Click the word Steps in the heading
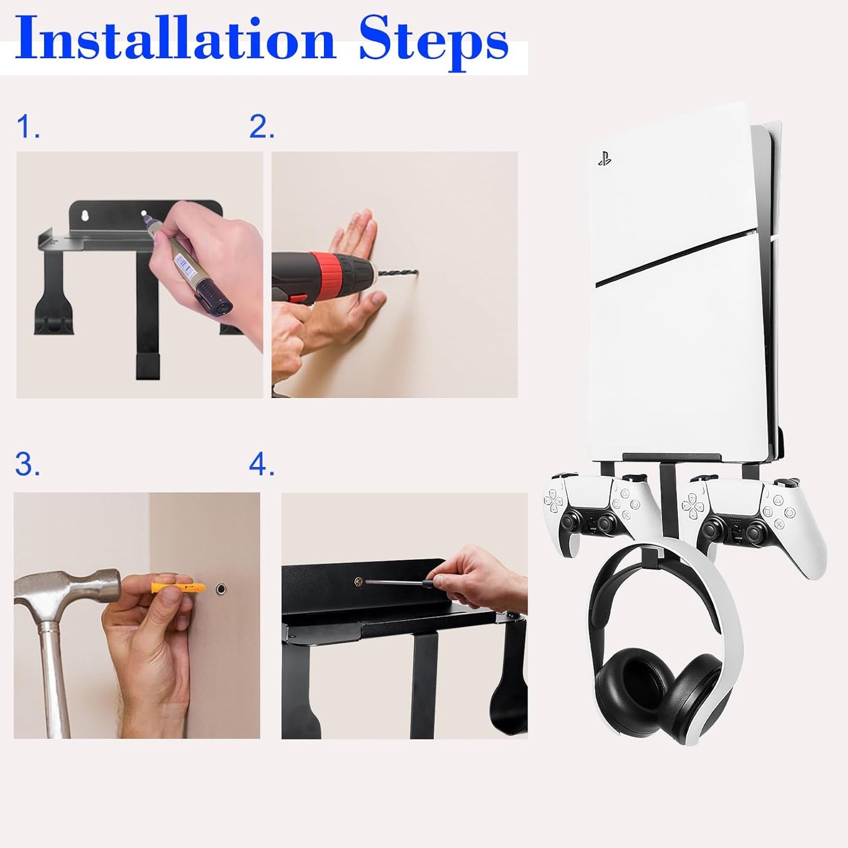tap(434, 44)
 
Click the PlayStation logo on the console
tap(604, 159)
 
